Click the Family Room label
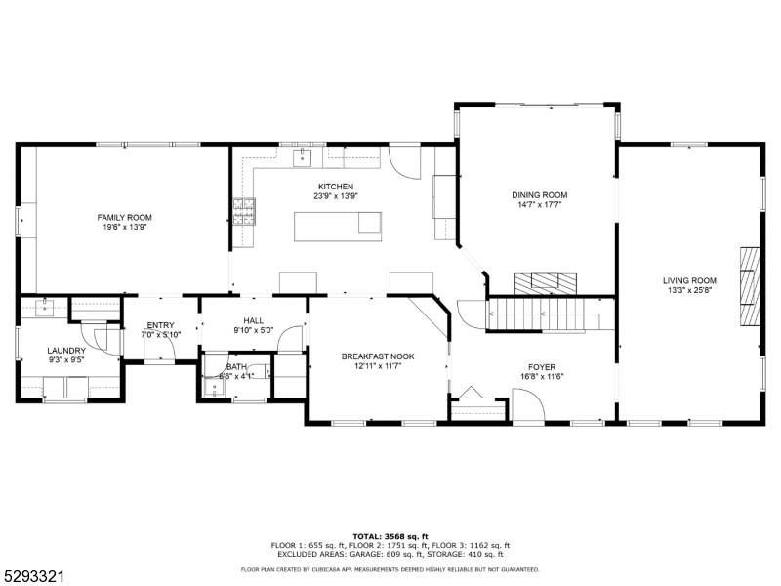(124, 216)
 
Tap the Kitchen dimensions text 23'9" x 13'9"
(335, 196)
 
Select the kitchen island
(338, 226)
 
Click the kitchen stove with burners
(244, 211)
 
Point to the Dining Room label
(539, 194)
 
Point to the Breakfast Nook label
(377, 356)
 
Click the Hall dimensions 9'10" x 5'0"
(253, 330)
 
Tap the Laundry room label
(66, 351)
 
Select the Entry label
(160, 325)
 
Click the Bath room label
(236, 367)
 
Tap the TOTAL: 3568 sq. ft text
(390, 536)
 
